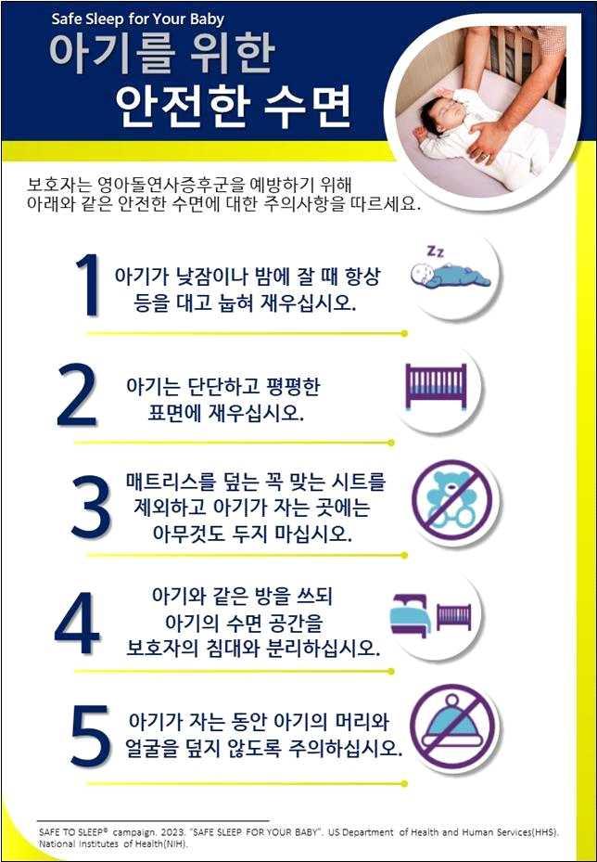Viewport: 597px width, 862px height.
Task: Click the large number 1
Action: tap(87, 285)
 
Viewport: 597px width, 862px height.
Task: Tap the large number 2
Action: tap(78, 394)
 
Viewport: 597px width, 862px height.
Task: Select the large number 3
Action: tap(92, 508)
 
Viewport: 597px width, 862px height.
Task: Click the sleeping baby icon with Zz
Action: tap(451, 273)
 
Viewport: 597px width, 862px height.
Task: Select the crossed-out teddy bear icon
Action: tap(455, 502)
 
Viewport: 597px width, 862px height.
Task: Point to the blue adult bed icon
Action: tap(411, 614)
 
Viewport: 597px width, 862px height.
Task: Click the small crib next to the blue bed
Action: tap(453, 616)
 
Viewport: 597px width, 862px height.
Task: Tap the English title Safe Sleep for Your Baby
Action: tap(138, 19)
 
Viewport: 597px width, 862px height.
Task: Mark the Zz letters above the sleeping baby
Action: tap(437, 251)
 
